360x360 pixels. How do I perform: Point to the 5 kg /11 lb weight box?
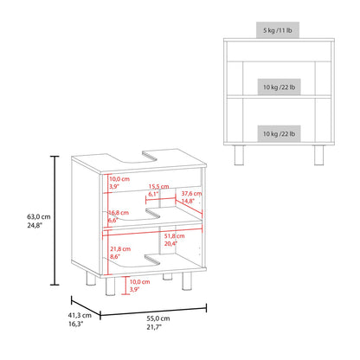click(x=278, y=30)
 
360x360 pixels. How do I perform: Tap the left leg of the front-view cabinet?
click(x=239, y=155)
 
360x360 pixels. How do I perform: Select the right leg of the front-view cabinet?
click(x=318, y=155)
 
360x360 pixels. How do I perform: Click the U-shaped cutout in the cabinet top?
click(x=140, y=159)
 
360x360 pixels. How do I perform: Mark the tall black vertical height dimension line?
click(x=55, y=221)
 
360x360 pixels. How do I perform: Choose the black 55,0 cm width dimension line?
click(x=153, y=311)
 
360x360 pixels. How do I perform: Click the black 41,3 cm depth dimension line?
click(x=86, y=306)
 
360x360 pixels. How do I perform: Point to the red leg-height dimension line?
click(x=125, y=286)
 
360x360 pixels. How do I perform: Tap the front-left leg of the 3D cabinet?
click(x=110, y=286)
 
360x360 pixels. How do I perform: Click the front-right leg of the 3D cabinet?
click(x=187, y=281)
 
